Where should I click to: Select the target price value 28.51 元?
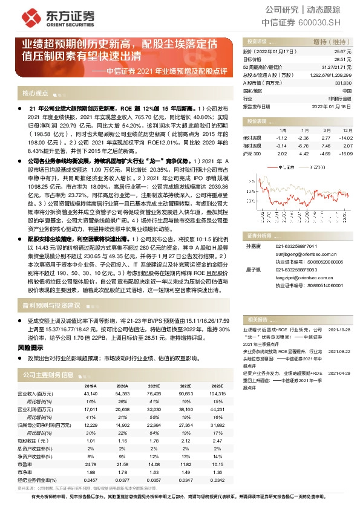coord(343,60)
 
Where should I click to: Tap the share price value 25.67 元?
coord(343,53)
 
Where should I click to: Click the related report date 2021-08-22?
coord(338,350)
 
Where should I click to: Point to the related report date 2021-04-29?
coord(338,373)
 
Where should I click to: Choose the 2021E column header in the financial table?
coord(154,385)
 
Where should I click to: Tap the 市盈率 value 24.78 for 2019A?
coord(91,463)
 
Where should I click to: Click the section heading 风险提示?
coord(30,348)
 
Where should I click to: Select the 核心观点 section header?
coord(35,94)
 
